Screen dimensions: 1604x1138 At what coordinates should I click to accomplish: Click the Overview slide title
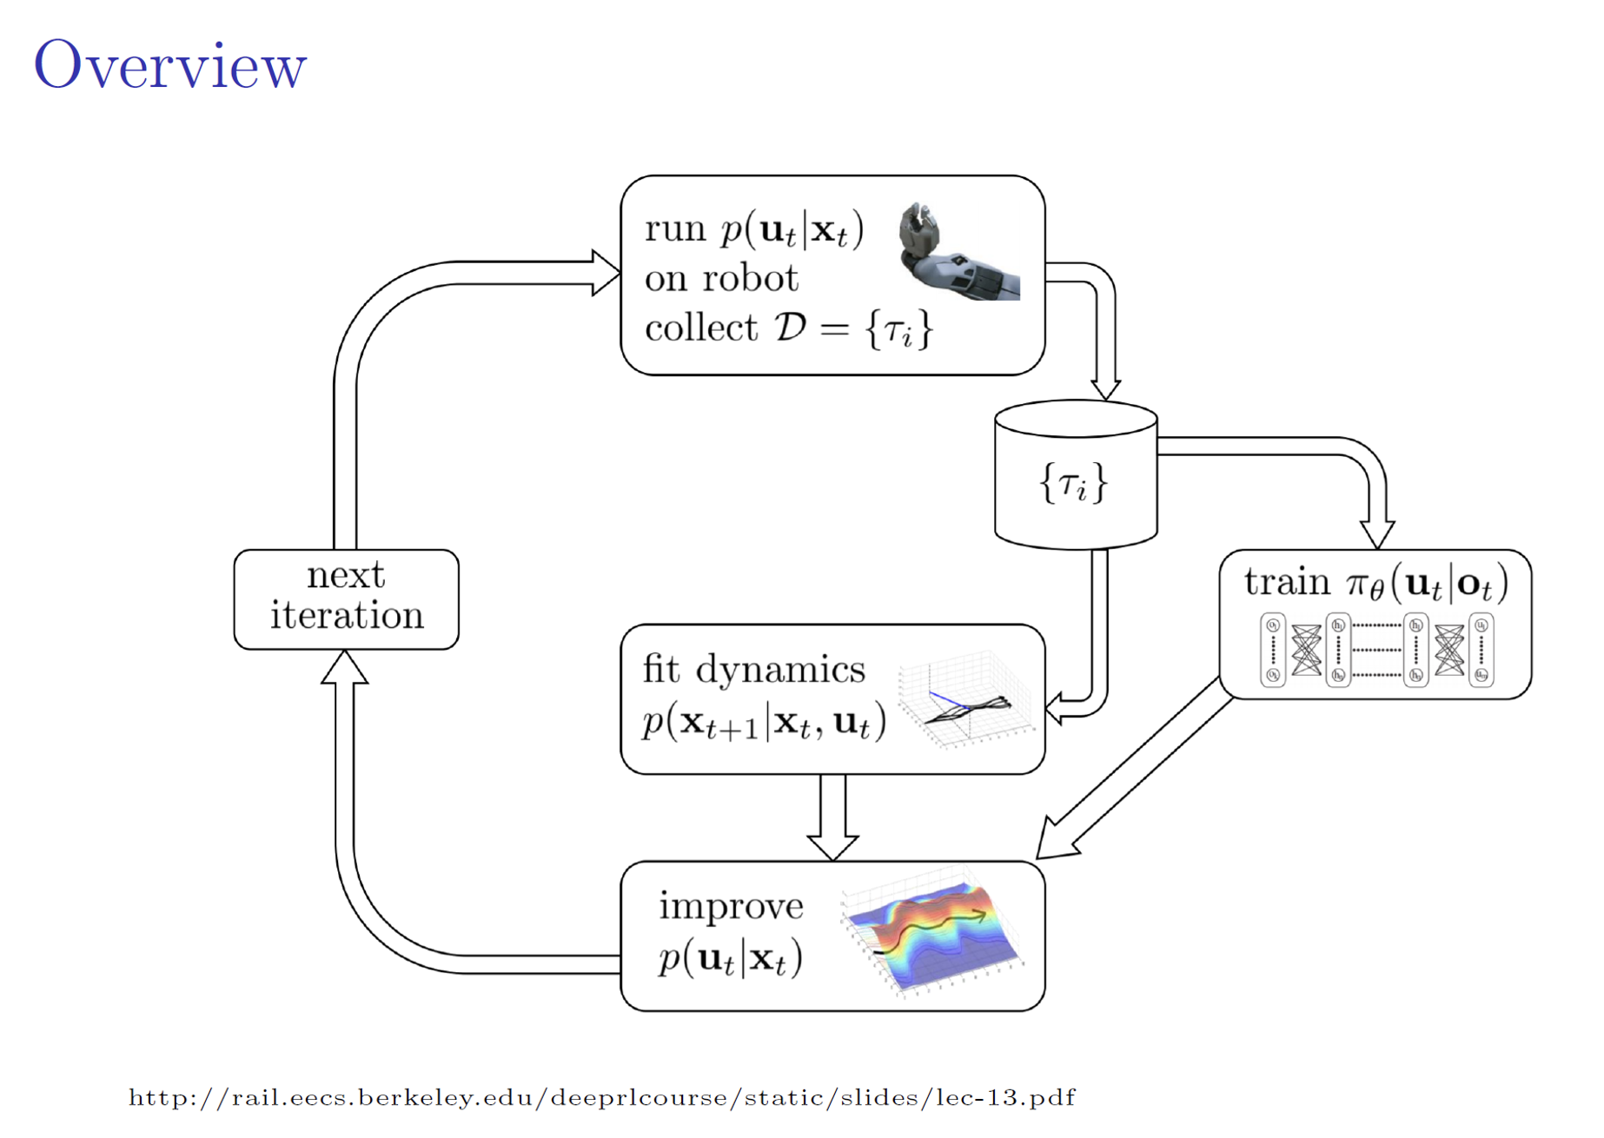click(x=170, y=65)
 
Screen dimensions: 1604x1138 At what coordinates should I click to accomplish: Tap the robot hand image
click(x=958, y=251)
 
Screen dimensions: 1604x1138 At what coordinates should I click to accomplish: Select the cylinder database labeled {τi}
click(x=1076, y=474)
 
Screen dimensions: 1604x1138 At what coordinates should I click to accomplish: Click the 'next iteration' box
click(x=347, y=599)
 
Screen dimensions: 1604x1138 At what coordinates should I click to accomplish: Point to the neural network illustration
click(x=1377, y=650)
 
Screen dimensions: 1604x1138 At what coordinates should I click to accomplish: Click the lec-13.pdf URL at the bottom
click(x=602, y=1098)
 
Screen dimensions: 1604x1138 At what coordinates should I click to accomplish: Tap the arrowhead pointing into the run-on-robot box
click(x=606, y=273)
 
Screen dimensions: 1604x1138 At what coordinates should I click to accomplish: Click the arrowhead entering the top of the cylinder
click(x=1105, y=389)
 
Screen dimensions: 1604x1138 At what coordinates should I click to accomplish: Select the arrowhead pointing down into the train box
click(x=1377, y=534)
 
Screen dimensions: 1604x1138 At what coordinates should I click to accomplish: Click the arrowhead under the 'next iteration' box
click(x=345, y=667)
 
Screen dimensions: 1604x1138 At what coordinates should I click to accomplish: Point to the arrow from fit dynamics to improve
click(x=832, y=817)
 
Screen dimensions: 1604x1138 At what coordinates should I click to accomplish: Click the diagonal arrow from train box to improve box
click(x=1134, y=769)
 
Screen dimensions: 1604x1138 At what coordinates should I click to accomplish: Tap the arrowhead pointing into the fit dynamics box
click(x=1054, y=708)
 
